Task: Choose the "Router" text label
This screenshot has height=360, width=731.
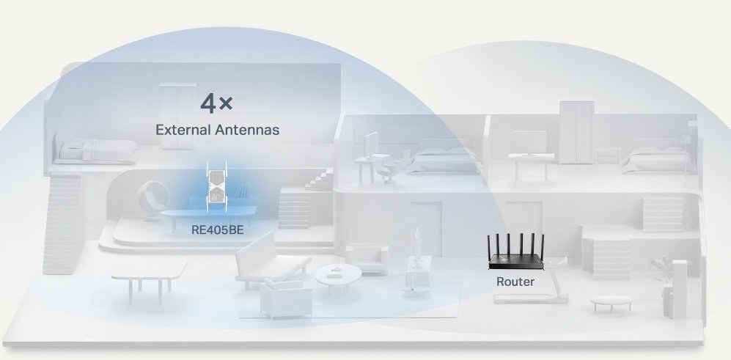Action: [x=515, y=282]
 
